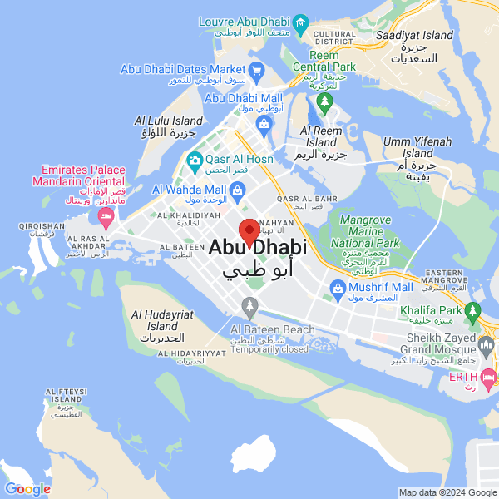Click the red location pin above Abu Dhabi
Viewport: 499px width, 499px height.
click(x=249, y=230)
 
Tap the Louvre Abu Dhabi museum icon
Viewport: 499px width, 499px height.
click(x=300, y=22)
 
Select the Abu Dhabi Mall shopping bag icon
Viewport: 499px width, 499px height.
click(x=264, y=126)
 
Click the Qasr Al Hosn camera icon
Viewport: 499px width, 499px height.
click(x=195, y=159)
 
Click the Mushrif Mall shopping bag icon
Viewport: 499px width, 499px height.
click(x=337, y=289)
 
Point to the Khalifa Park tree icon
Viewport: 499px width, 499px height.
click(x=473, y=311)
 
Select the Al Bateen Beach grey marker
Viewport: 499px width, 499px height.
click(x=249, y=308)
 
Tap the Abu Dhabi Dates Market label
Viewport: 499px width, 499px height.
click(x=183, y=69)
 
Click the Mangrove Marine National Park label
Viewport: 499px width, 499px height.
click(x=363, y=232)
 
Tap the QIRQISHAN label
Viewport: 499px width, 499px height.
click(x=42, y=225)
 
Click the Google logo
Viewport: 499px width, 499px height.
click(x=27, y=489)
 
